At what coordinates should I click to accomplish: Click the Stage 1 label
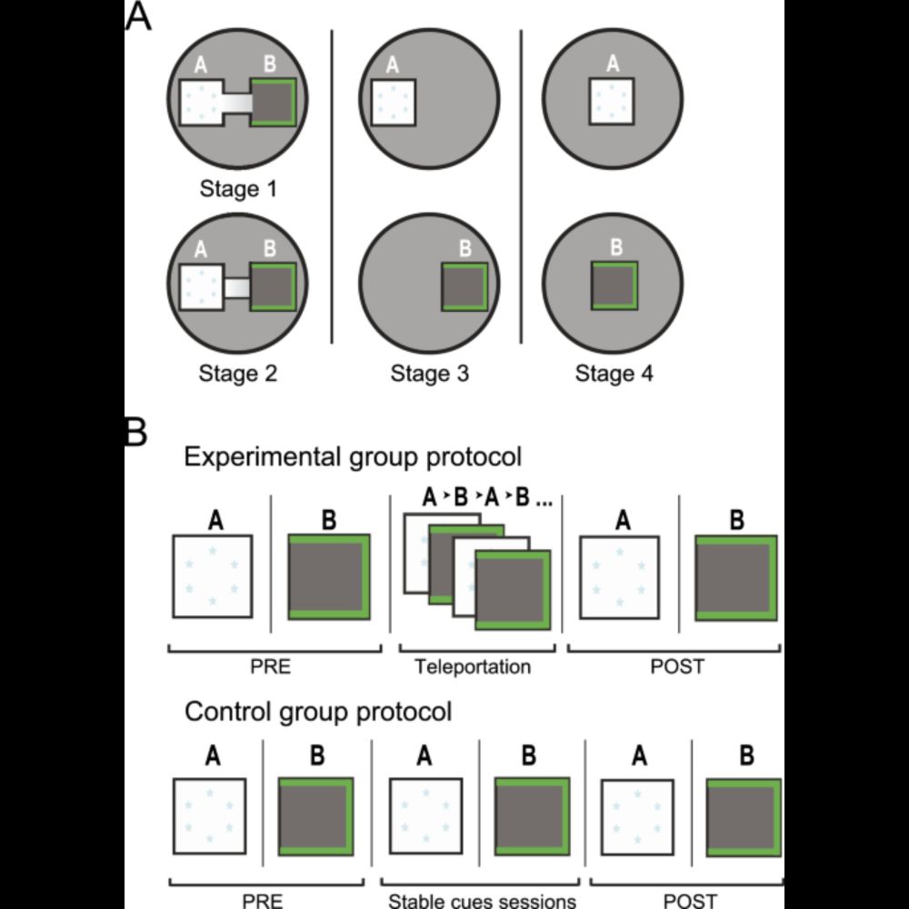[x=239, y=191]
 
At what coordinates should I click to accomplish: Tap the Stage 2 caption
[x=239, y=373]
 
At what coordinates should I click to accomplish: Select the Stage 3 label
[x=430, y=373]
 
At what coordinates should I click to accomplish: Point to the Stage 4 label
[x=614, y=373]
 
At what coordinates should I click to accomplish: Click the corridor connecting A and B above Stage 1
[x=236, y=103]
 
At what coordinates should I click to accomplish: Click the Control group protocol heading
[x=318, y=710]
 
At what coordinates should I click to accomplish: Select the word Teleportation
[x=472, y=667]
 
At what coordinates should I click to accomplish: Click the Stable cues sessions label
[x=482, y=901]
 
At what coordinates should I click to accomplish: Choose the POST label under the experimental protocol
[x=677, y=667]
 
